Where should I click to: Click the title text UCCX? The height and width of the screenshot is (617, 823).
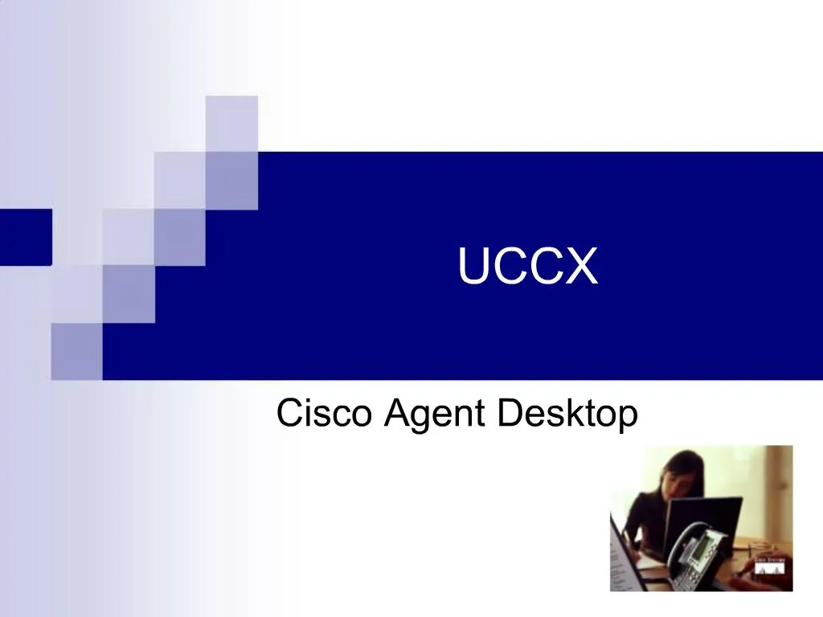[x=528, y=268]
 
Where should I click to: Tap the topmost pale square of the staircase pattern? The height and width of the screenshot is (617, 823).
[x=231, y=123]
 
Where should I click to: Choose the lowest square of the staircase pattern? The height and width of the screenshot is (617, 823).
[x=76, y=351]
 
